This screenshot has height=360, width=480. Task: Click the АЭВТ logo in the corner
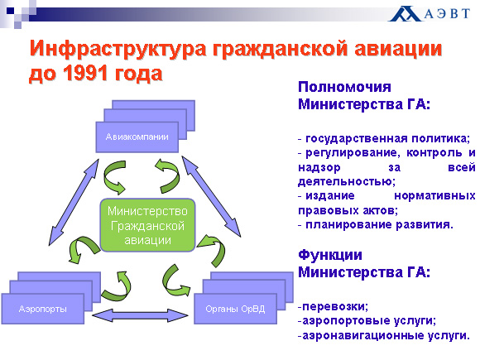click(x=429, y=13)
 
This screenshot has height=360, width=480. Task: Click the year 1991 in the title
click(x=85, y=74)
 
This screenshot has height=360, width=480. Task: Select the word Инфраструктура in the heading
click(x=118, y=49)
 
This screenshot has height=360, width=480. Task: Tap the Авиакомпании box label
click(x=137, y=137)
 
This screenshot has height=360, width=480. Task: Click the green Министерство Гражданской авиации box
click(x=148, y=225)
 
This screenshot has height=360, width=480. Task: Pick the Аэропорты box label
click(x=43, y=309)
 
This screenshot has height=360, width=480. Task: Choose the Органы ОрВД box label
click(x=235, y=309)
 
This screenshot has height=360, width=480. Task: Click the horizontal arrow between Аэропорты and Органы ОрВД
click(x=140, y=315)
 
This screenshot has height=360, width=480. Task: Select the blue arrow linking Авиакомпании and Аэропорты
click(x=74, y=203)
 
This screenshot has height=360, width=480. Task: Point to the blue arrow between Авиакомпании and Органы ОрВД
click(x=211, y=196)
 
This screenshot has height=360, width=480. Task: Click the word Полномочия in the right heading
click(x=345, y=88)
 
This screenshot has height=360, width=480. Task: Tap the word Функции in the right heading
click(x=330, y=255)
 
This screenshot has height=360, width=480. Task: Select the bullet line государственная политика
click(x=384, y=139)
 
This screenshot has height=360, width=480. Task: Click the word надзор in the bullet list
click(x=319, y=167)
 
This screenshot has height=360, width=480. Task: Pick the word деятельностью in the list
click(x=347, y=181)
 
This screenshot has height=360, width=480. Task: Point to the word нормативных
click(x=434, y=195)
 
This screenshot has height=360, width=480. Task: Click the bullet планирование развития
click(x=376, y=225)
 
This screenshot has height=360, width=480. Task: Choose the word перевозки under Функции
click(x=335, y=306)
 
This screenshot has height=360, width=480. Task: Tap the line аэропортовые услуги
click(x=367, y=321)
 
